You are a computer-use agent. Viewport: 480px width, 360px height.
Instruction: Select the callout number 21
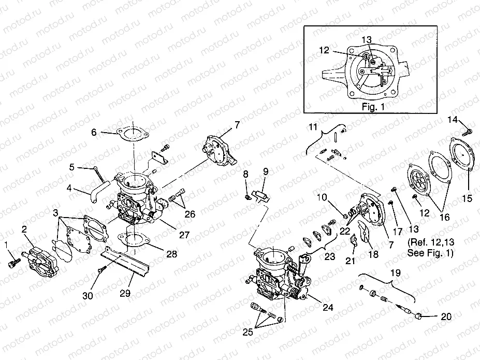tap(351, 261)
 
